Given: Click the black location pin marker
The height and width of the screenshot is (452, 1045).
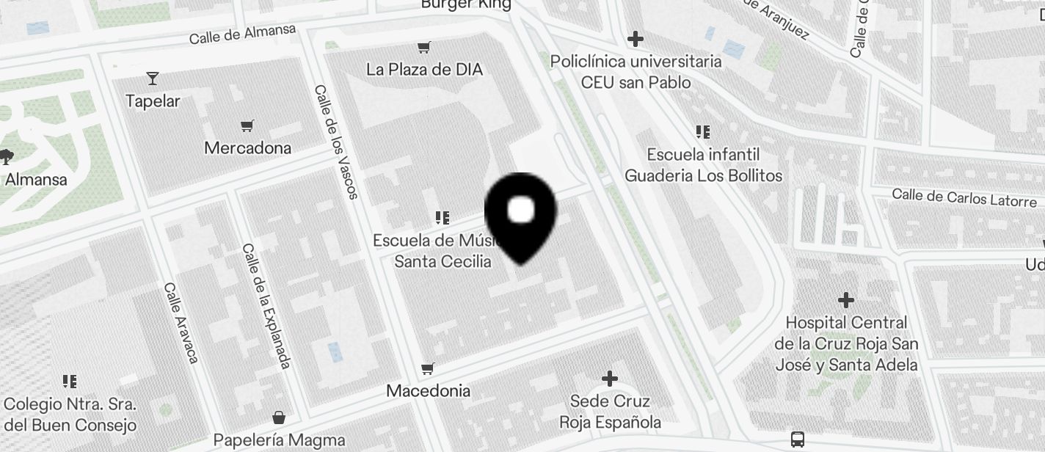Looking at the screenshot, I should click(521, 216).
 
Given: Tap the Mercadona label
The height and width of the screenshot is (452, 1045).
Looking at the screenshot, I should click(247, 148).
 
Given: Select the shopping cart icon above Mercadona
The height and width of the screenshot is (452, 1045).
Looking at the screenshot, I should click(247, 126).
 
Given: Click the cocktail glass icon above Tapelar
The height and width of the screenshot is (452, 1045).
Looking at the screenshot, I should click(153, 78).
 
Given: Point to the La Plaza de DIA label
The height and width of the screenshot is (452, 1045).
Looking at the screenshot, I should click(424, 70).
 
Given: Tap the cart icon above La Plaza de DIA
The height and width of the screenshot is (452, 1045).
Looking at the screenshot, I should click(423, 48).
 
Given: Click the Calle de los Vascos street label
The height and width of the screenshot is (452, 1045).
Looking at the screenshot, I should click(336, 142).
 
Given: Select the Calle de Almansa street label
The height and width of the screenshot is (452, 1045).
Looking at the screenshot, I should click(242, 34).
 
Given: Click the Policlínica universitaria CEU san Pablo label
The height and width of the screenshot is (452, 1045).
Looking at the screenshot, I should click(636, 72).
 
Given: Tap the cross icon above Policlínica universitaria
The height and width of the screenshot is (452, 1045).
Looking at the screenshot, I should click(636, 38).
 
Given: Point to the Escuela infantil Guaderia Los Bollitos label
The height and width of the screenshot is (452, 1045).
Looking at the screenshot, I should click(703, 165).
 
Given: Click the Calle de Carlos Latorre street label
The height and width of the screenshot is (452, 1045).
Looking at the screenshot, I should click(964, 198).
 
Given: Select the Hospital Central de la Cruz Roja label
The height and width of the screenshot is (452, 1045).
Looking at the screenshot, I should click(846, 343).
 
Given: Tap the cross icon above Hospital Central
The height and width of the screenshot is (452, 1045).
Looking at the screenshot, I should click(846, 300).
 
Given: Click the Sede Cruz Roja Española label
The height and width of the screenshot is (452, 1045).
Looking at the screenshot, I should click(610, 412).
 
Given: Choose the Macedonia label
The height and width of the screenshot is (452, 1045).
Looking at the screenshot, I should click(428, 390).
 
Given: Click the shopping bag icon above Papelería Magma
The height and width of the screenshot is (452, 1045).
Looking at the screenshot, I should click(279, 418).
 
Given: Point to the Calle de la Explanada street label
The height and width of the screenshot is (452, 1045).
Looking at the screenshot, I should click(266, 305).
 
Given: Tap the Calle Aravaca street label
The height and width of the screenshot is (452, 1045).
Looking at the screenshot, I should click(181, 322).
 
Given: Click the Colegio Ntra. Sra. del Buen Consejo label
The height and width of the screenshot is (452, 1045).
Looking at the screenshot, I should click(70, 415).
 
